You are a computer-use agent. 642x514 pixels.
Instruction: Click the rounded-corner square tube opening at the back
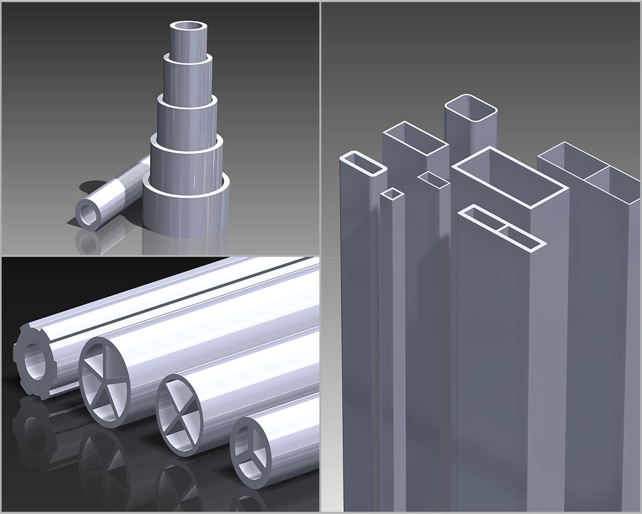point(471,108)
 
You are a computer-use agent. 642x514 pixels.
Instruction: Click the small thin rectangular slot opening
point(433,180)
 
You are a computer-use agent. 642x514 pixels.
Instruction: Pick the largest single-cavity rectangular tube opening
point(510,177)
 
